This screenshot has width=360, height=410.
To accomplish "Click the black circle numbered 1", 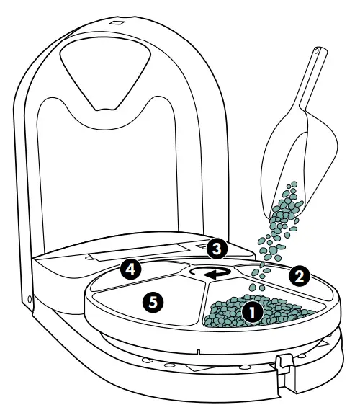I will pos(252,313).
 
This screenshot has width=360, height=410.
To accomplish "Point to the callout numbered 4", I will pos(130,270).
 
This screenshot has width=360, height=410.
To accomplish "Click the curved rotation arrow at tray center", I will pos(211,272).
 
